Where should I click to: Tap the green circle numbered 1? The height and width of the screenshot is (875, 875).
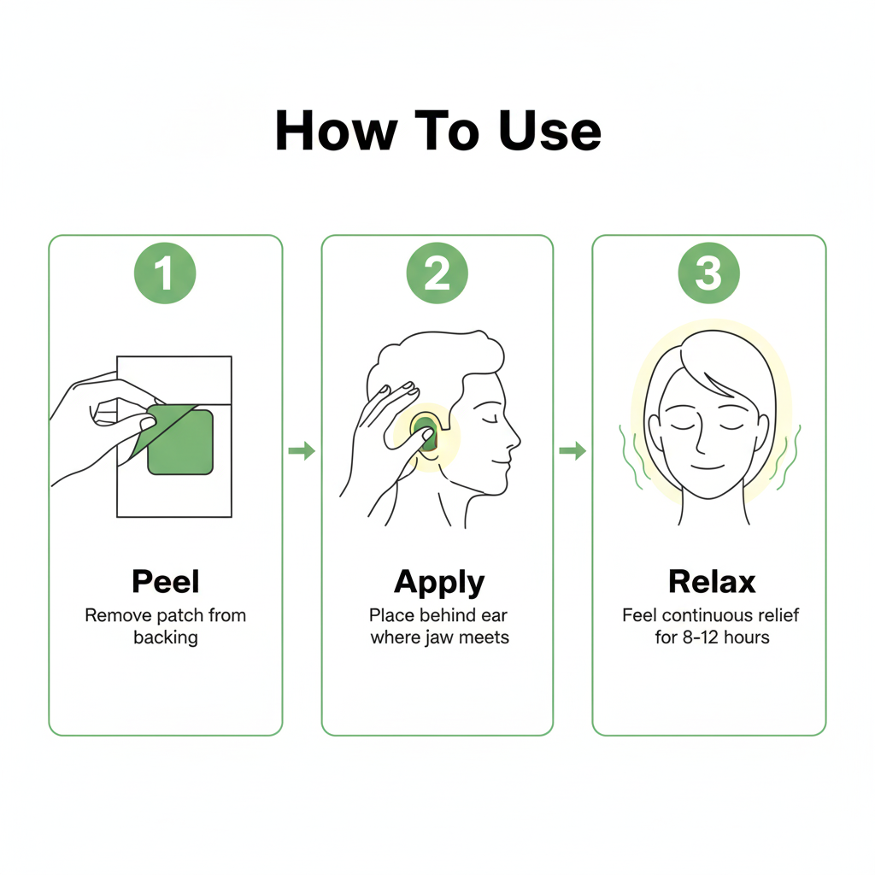click(165, 273)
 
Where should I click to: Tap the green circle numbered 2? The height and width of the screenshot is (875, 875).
click(437, 273)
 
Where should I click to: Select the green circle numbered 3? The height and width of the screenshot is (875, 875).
click(708, 273)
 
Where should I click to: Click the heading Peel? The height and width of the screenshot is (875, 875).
click(165, 582)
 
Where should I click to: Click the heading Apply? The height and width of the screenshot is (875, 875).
click(438, 582)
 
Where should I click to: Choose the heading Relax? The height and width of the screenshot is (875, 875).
click(711, 582)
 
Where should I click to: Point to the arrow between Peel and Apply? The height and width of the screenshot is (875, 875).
click(302, 450)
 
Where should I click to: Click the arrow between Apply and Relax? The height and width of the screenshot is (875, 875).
click(573, 450)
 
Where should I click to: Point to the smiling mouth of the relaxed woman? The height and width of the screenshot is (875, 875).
click(708, 467)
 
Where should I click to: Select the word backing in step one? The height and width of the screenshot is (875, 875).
click(165, 638)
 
